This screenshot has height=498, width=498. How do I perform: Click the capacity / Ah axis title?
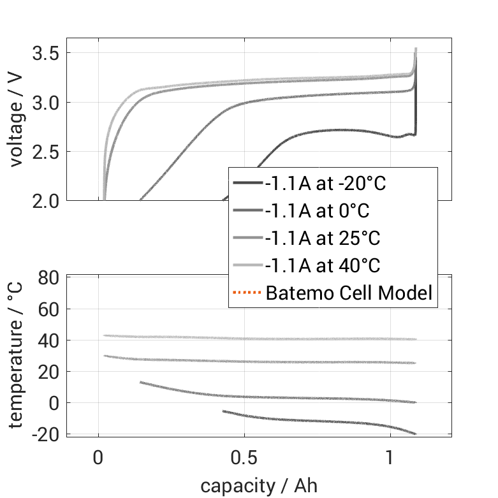pyautogui.click(x=259, y=486)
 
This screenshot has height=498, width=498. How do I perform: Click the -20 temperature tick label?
pyautogui.click(x=45, y=434)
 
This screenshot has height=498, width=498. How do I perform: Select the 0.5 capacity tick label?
pyautogui.click(x=245, y=458)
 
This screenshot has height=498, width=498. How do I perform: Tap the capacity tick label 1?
pyautogui.click(x=391, y=458)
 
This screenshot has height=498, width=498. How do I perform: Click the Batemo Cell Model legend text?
pyautogui.click(x=349, y=293)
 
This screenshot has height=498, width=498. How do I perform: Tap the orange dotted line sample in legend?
pyautogui.click(x=247, y=293)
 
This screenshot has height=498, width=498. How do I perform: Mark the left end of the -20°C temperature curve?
pyautogui.click(x=223, y=411)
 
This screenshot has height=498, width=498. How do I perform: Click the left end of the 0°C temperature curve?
pyautogui.click(x=140, y=382)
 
